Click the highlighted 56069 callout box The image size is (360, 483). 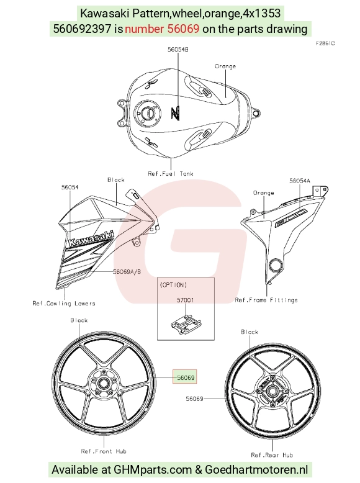pos(184,377)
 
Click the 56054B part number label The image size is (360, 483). pos(178,49)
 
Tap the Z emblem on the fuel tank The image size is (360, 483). pos(175,113)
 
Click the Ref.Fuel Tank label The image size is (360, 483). pos(171,174)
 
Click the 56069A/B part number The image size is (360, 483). pos(127,272)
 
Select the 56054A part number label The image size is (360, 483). pos(300,181)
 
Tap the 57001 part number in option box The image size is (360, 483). pos(186,300)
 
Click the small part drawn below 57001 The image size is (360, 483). pos(186,324)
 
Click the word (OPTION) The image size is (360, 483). pos(173,285)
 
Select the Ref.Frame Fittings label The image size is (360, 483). pos(266,300)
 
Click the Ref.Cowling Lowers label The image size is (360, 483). pos(64,304)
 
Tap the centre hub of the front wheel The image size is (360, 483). pos(102,384)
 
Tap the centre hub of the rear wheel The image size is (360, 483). pos(272,392)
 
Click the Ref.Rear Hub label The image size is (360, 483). pos(272,455)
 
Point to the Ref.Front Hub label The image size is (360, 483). pos(104,451)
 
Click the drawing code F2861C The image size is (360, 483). pos(325,43)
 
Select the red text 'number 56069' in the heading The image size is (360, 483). pos(162,29)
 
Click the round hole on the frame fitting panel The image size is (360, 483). pos(275,265)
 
